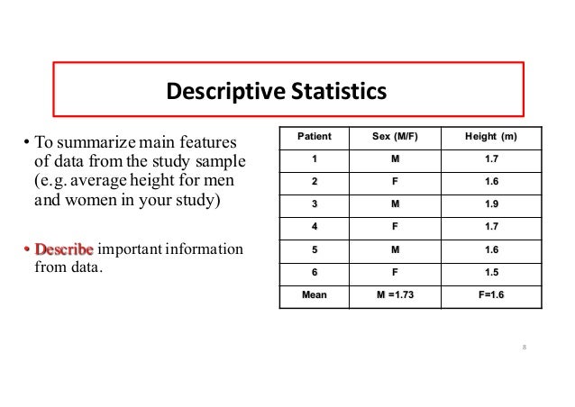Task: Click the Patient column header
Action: click(314, 138)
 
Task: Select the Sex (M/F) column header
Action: click(400, 138)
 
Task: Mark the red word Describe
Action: click(63, 249)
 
